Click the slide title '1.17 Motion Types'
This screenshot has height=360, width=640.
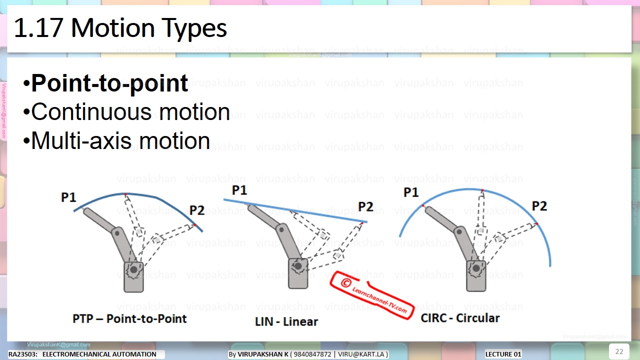(120, 28)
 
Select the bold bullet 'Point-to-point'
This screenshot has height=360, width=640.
(109, 83)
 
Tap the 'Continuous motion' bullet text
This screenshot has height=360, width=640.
(130, 112)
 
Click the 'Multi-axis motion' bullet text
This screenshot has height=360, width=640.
(120, 141)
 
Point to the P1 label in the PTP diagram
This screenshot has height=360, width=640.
(68, 197)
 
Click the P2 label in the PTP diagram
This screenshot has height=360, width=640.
(197, 210)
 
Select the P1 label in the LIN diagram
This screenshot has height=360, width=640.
(239, 190)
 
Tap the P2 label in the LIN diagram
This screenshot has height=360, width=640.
(365, 206)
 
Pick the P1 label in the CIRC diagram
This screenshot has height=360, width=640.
(411, 192)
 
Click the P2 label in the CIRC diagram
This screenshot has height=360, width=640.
(539, 206)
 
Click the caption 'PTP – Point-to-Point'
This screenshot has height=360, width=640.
(129, 319)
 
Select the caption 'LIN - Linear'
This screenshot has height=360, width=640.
(286, 321)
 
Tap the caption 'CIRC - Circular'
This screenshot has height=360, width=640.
(460, 318)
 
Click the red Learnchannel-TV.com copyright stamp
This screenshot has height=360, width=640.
(371, 294)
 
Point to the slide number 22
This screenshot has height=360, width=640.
(619, 351)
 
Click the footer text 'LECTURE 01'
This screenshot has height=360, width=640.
(503, 354)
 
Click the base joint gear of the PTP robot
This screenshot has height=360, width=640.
(133, 270)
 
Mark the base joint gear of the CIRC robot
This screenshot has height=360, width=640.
(475, 269)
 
